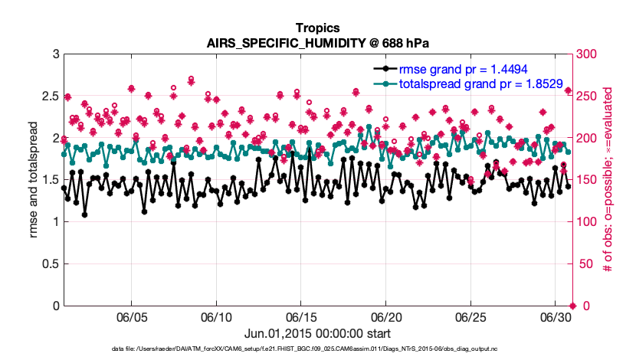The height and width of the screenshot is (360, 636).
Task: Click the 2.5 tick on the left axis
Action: point(49,96)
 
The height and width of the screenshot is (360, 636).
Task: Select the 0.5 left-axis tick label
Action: point(49,263)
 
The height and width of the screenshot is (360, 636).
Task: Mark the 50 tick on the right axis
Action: point(583,263)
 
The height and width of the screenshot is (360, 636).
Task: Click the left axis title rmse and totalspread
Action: point(31,180)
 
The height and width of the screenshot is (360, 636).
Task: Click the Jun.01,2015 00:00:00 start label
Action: point(318,333)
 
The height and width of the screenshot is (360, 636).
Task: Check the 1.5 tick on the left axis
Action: point(49,180)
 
